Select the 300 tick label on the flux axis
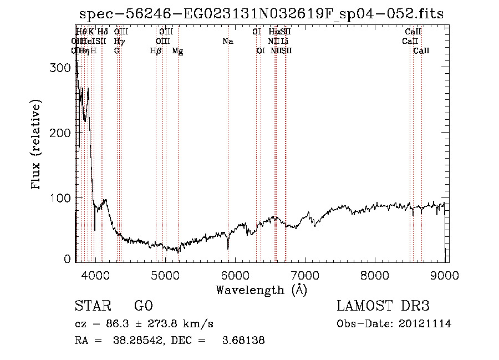click(x=61, y=67)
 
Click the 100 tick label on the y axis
click(x=61, y=198)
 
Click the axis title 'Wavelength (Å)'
click(x=261, y=289)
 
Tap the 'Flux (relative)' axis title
click(x=37, y=145)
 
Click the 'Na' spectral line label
click(x=228, y=42)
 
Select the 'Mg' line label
click(x=177, y=51)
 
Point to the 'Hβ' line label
click(x=156, y=51)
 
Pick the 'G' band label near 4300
click(x=117, y=51)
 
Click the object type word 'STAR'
click(x=89, y=307)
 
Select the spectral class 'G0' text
click(x=143, y=307)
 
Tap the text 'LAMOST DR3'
click(x=383, y=307)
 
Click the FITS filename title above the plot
click(x=261, y=14)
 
